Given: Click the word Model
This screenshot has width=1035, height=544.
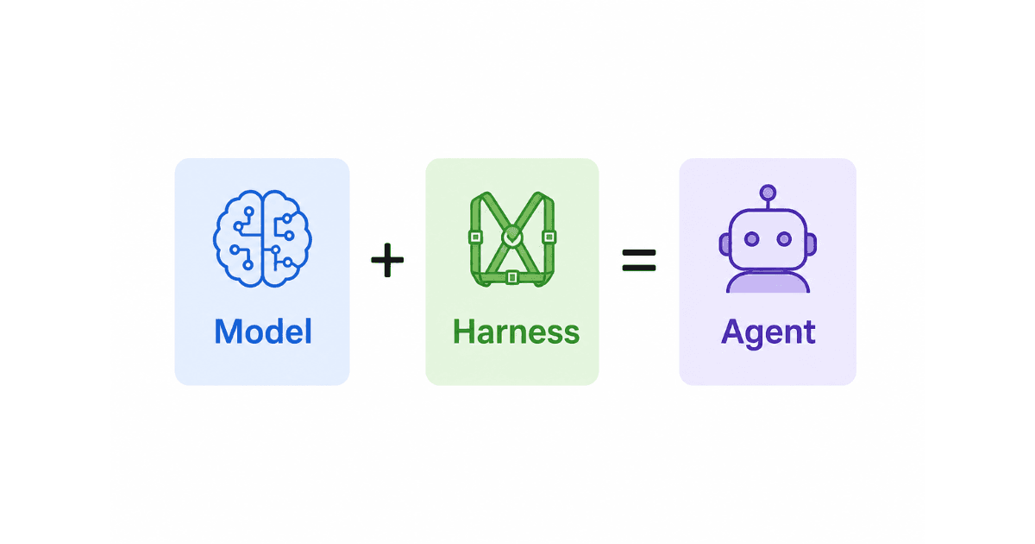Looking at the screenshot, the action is click(263, 332).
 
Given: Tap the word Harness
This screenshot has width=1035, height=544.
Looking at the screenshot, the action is click(516, 332).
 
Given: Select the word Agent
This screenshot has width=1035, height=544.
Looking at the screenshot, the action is click(768, 333).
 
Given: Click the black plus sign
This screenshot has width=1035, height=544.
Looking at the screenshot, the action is click(387, 260).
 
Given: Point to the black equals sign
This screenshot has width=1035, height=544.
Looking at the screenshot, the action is click(639, 260).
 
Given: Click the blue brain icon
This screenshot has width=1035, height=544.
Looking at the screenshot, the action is click(262, 238).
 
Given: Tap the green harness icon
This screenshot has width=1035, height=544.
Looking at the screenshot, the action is click(512, 238).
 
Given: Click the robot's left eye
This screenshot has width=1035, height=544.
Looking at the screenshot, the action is click(752, 238).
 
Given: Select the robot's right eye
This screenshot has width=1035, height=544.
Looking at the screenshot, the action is click(784, 238).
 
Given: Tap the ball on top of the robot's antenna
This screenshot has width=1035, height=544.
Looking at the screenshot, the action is click(768, 193).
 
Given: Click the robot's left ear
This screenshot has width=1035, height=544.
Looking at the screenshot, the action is click(724, 244).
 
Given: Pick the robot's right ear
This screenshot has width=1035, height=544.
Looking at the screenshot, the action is click(812, 244).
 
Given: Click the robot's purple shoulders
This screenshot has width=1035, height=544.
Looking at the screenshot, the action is click(768, 282).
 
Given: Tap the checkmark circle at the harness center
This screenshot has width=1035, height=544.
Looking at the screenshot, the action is click(512, 237).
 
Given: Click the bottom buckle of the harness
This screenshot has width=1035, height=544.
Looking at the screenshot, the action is click(512, 277).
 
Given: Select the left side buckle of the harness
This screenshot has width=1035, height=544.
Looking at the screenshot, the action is click(475, 237).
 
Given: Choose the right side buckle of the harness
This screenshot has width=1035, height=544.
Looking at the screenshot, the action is click(549, 237).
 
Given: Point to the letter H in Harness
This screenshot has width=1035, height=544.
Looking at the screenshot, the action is click(463, 332).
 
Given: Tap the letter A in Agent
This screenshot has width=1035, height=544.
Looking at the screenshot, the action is click(733, 332).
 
